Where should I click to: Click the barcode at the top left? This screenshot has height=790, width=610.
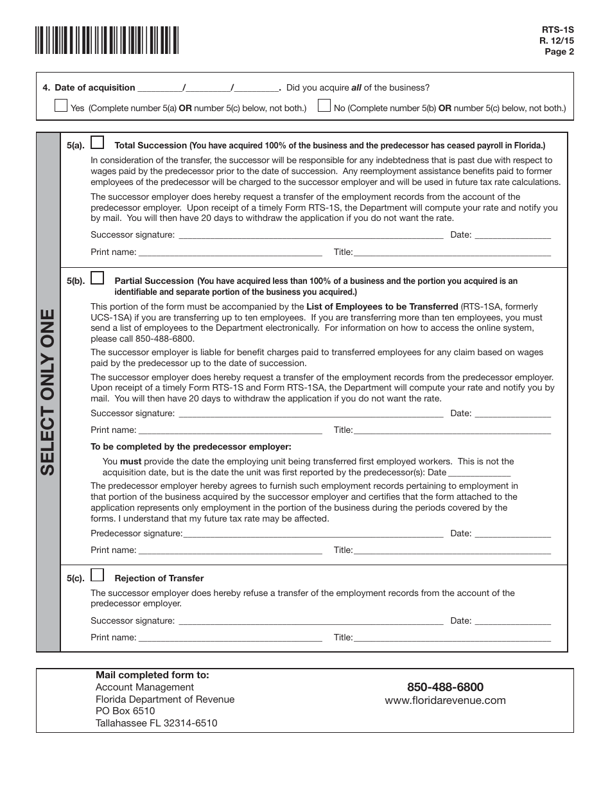click(x=107, y=40)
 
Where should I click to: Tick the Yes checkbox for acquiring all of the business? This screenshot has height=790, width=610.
click(x=61, y=106)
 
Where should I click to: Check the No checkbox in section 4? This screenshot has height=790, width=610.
click(x=324, y=106)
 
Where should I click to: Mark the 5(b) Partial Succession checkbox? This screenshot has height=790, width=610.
click(x=98, y=278)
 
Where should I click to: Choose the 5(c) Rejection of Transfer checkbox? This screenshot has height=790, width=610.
click(x=98, y=575)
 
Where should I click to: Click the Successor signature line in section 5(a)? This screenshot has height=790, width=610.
click(x=310, y=235)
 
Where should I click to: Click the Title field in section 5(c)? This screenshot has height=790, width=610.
click(x=452, y=638)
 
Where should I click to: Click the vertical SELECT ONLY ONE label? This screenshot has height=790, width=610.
click(x=48, y=392)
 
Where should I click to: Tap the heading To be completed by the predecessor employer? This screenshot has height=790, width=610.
click(x=191, y=446)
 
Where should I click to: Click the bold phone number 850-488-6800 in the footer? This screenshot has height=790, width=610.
click(x=445, y=687)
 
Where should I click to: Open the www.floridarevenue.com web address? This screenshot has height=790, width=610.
click(x=445, y=701)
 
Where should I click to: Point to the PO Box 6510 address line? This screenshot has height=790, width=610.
click(x=125, y=711)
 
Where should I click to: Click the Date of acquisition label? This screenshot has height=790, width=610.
click(x=94, y=88)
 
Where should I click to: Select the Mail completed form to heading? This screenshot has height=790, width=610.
click(x=152, y=675)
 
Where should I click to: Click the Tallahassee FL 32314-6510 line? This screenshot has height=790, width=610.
click(x=156, y=723)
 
